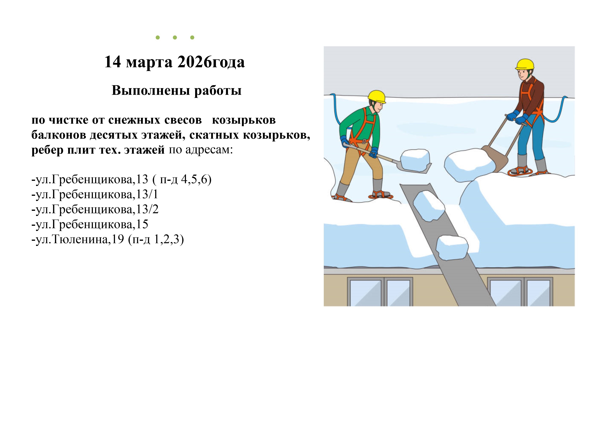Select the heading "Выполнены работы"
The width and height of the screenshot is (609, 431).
point(177,91)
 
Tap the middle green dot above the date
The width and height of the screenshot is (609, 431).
point(175,37)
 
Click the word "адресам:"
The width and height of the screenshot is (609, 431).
point(209,150)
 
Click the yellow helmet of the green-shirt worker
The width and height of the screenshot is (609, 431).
point(377,97)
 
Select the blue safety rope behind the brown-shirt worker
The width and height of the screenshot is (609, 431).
point(558,110)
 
